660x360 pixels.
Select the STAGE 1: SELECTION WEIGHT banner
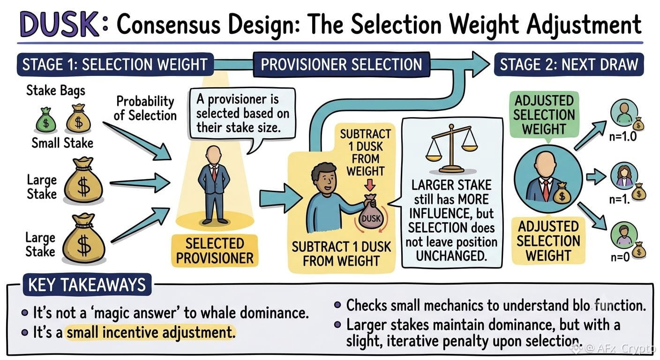point(115,64)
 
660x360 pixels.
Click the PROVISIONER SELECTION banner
point(342,65)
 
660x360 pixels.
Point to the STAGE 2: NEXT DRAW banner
point(569,64)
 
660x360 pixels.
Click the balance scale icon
point(451,148)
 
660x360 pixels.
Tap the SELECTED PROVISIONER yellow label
point(215,251)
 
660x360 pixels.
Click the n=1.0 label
point(623,137)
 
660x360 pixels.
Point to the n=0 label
point(620,257)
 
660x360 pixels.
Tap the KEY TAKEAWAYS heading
point(87,285)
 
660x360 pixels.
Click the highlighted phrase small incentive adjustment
point(150,333)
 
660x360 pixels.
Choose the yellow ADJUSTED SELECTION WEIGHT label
point(548,241)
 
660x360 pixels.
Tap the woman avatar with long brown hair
point(623,176)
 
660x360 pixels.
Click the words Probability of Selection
point(145,108)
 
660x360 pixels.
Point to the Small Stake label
point(62,143)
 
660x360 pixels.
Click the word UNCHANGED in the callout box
point(451,256)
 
